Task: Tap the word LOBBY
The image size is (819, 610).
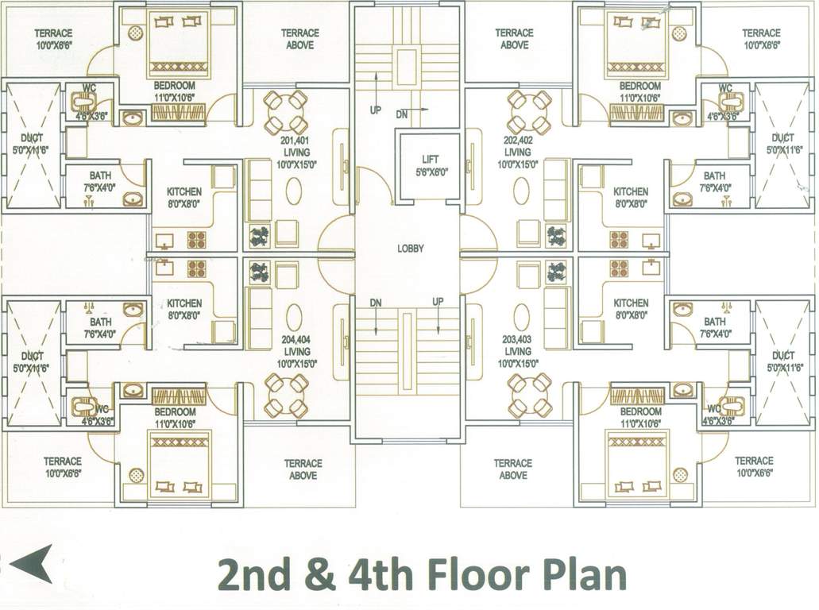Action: click(411, 249)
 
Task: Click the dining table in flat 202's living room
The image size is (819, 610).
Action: click(529, 112)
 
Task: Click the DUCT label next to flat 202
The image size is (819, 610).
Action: click(782, 143)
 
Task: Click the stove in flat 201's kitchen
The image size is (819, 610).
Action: click(196, 239)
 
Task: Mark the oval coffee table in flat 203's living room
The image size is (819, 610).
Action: click(521, 316)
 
